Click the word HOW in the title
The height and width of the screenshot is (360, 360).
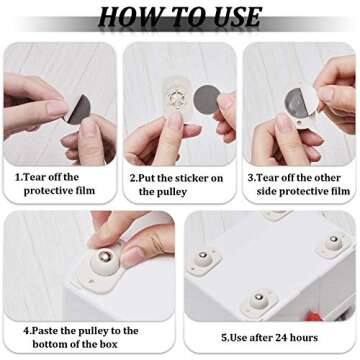[127, 17]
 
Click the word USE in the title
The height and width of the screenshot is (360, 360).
[231, 17]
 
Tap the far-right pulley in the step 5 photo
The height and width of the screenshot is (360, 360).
[332, 244]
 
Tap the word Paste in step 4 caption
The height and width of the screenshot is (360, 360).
[44, 330]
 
